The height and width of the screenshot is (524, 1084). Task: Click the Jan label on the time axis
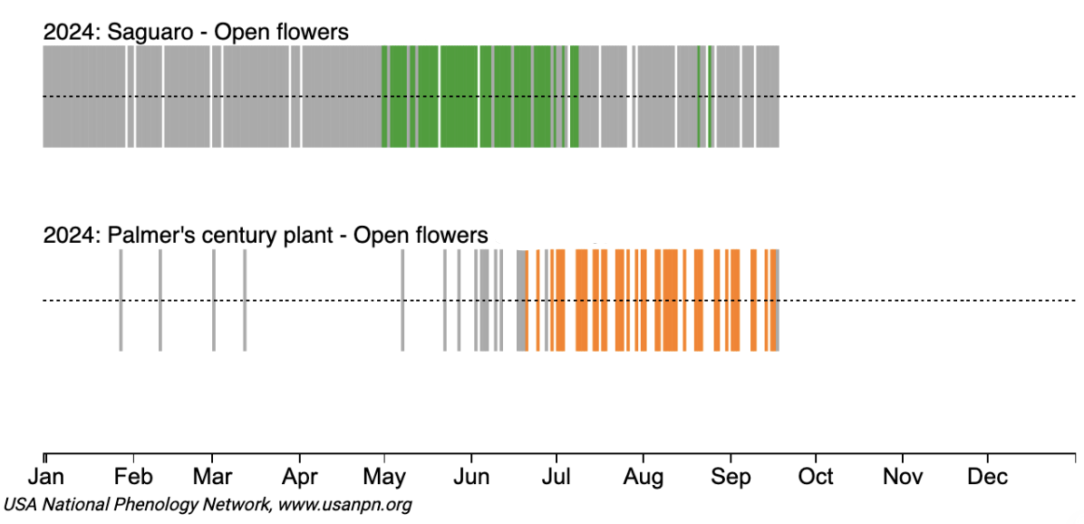coord(45,477)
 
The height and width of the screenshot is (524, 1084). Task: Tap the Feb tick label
coord(132,477)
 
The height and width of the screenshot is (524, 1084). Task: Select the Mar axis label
coord(212,477)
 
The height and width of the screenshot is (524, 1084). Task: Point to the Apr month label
coord(299,477)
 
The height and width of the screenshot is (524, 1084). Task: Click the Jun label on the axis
coord(471,477)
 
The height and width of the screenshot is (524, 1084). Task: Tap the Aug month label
coord(644,477)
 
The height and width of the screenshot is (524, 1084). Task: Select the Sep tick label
coord(731,477)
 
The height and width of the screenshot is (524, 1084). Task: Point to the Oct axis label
coord(816,477)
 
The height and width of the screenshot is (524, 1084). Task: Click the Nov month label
coord(902,477)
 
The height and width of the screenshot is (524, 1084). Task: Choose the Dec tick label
coord(988,477)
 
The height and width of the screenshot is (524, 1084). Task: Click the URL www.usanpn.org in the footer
coord(345,504)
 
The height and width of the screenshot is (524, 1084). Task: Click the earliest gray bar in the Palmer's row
coord(121,300)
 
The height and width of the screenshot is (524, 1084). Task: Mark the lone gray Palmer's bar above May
coord(402,300)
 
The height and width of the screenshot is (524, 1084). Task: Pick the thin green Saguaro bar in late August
coord(698,96)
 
